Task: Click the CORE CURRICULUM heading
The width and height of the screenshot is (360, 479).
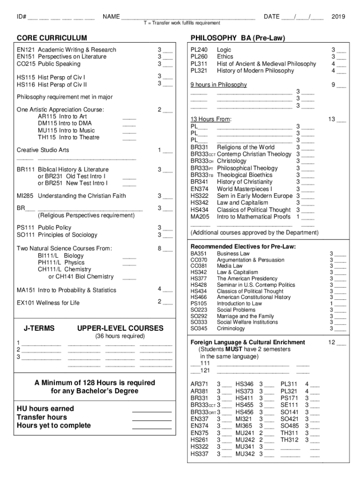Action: click(52, 37)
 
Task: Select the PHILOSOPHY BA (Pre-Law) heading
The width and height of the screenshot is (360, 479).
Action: click(238, 37)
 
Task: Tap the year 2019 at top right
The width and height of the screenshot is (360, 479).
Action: click(338, 17)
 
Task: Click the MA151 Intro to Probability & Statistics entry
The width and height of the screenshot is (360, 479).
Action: click(66, 290)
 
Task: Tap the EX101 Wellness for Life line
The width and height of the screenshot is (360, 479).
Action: click(48, 303)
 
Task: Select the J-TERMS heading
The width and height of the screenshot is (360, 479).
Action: click(39, 328)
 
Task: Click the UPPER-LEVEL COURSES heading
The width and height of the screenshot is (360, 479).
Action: click(120, 328)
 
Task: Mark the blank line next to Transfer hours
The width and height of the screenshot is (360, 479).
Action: click(152, 417)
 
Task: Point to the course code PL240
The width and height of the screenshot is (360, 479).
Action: click(199, 50)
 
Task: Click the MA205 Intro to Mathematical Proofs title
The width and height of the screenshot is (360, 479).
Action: click(253, 217)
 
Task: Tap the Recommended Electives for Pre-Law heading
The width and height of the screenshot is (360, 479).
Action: click(243, 247)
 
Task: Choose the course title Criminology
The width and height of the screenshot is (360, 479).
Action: click(231, 328)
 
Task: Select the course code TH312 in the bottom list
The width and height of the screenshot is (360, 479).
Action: click(289, 440)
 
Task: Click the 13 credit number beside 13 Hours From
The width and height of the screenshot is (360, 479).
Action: click(331, 119)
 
